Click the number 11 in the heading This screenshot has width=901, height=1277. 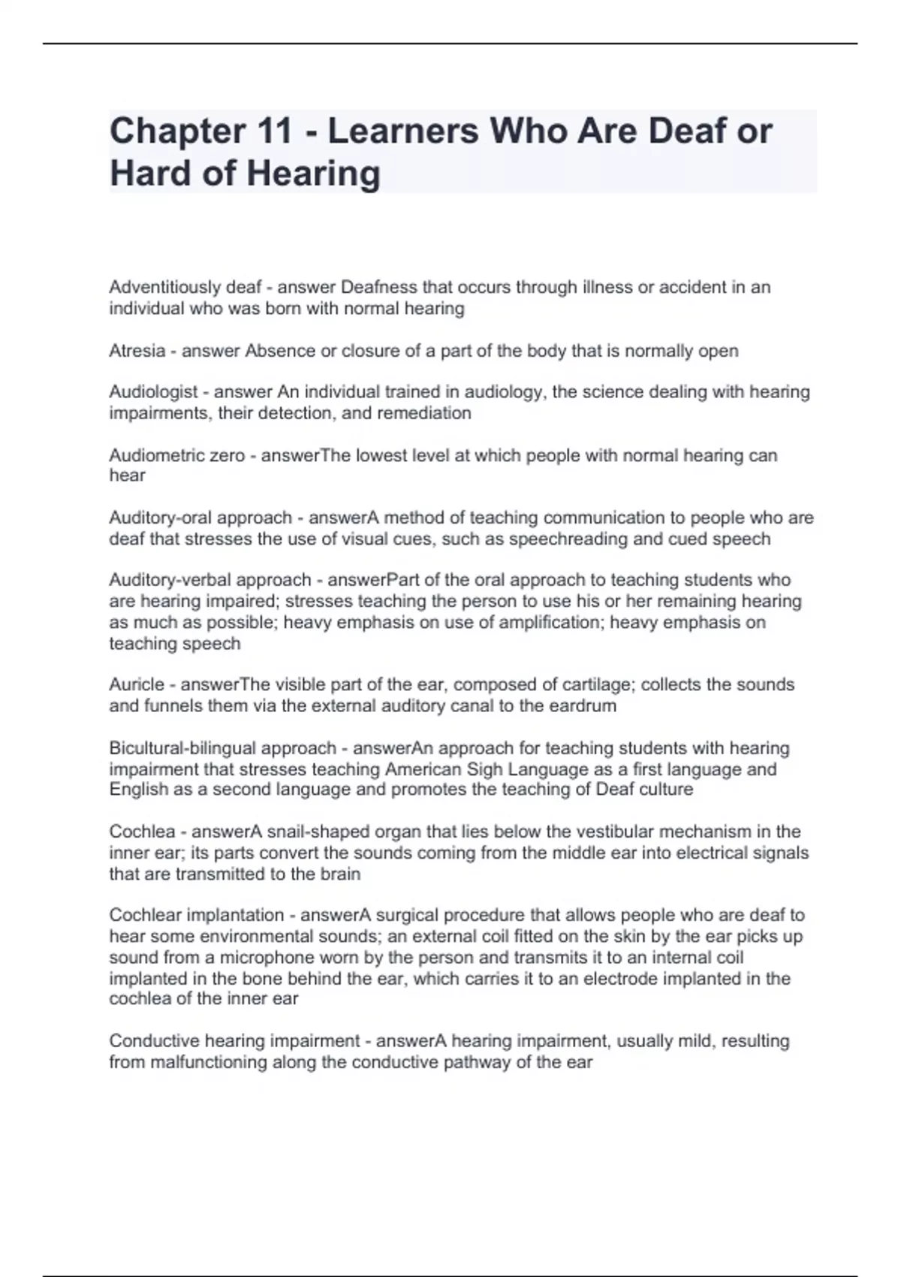pos(273,131)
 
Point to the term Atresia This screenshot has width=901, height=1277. pos(137,351)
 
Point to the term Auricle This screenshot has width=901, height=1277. pos(137,685)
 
